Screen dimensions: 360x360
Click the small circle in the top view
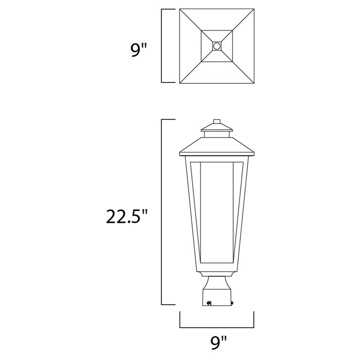point(217,46)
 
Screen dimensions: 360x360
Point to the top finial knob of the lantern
point(217,121)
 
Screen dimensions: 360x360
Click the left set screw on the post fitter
point(208,304)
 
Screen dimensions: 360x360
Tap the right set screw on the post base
point(232,303)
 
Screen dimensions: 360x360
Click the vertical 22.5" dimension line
point(162,211)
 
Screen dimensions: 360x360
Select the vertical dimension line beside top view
point(162,46)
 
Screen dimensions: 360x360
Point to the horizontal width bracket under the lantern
point(217,327)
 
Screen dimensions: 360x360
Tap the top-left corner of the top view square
point(179,9)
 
